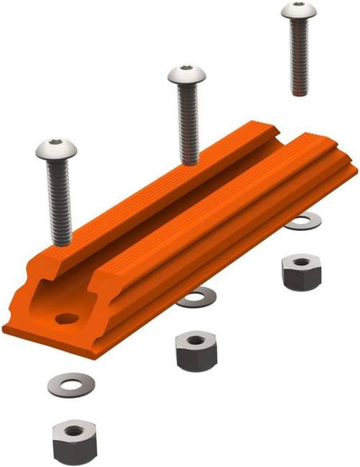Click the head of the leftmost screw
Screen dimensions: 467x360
pyautogui.click(x=55, y=150)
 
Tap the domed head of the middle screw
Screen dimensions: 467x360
pyautogui.click(x=187, y=73)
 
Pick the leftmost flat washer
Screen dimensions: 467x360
pyautogui.click(x=71, y=383)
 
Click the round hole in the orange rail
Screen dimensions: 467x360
pyautogui.click(x=67, y=317)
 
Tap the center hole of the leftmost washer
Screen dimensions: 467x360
pyautogui.click(x=71, y=382)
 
